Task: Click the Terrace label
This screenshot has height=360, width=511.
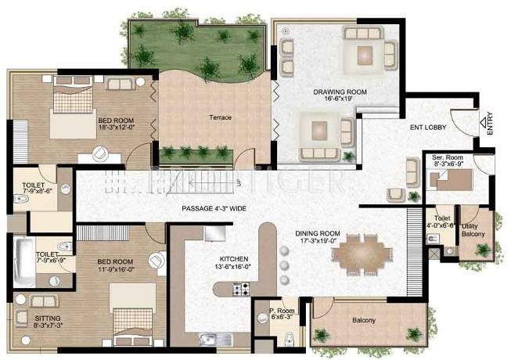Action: click(220, 118)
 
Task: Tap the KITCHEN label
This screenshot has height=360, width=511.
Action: click(234, 258)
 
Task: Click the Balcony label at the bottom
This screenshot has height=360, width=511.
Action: click(363, 319)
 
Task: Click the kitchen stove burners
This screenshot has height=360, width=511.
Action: click(240, 290)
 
